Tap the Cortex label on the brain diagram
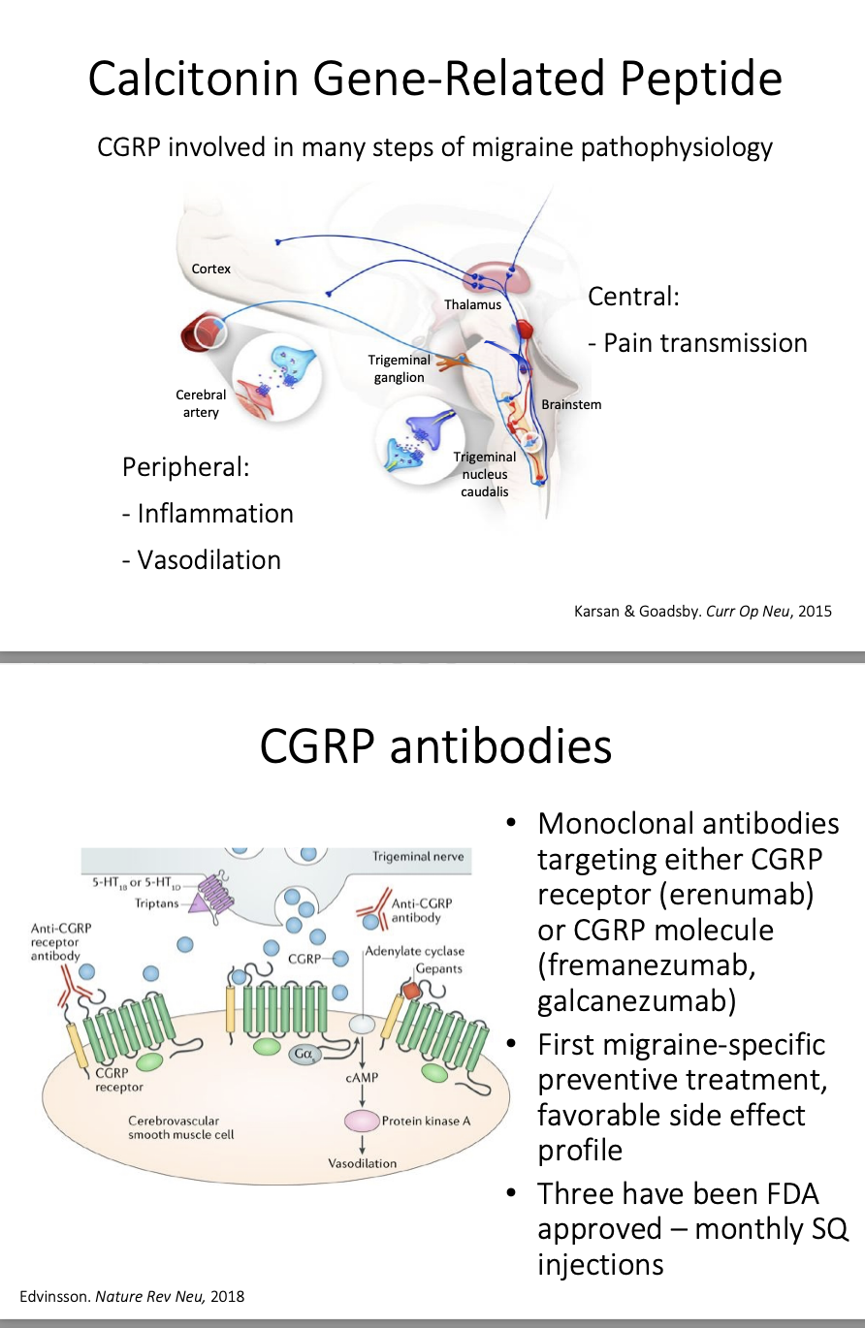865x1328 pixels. pos(210,269)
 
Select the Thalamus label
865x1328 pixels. pos(472,304)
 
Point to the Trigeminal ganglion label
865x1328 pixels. pos(400,368)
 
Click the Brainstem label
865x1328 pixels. pos(571,404)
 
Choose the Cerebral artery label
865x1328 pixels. pos(201,403)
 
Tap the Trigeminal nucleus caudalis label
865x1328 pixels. pos(485,474)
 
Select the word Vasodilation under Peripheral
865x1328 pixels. pos(208,560)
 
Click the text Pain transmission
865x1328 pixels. pos(705,343)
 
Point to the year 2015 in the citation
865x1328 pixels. pos(814,611)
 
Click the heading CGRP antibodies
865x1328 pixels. pos(435,746)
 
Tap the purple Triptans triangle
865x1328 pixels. pos(200,904)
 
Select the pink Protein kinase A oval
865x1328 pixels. pos(361,1121)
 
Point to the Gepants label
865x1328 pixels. pos(438,968)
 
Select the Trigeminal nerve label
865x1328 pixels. pos(418,856)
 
